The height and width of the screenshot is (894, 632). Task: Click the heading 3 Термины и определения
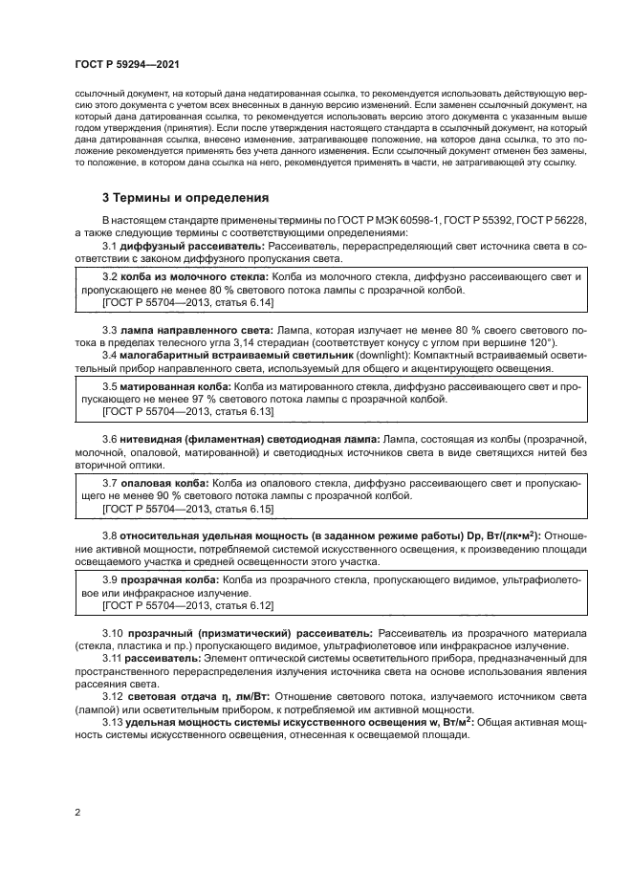click(x=185, y=199)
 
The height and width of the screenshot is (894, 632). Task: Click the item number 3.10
click(x=115, y=634)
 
